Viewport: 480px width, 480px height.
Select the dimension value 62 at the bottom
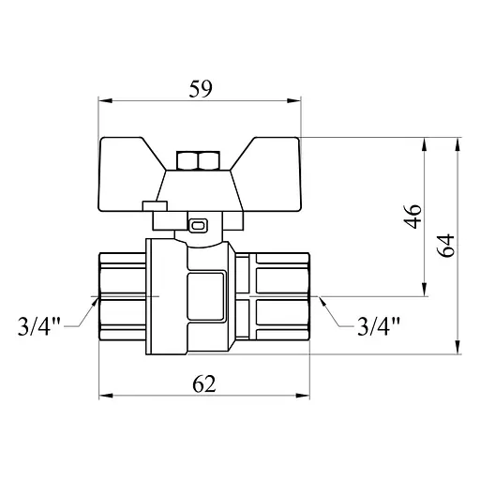(x=205, y=383)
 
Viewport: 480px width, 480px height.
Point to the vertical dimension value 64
(x=446, y=247)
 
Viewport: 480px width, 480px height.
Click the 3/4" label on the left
(x=40, y=326)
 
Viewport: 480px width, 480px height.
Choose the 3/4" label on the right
(x=380, y=326)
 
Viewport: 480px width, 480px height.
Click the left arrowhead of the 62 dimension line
(x=104, y=395)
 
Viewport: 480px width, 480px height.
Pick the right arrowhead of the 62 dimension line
(x=308, y=395)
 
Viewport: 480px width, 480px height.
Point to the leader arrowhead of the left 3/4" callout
(x=97, y=299)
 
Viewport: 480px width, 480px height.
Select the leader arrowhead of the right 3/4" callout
(x=321, y=299)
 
